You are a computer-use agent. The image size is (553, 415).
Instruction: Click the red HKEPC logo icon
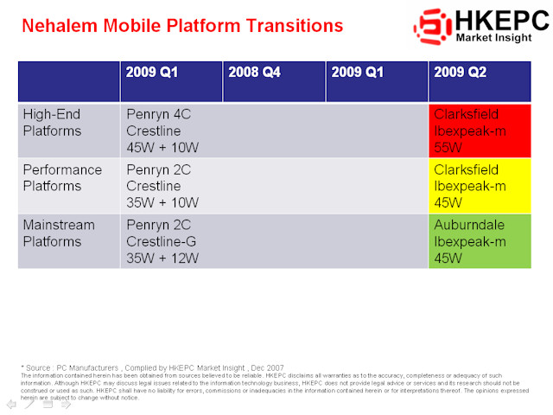(432, 26)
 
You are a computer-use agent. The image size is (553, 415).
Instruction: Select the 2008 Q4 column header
(254, 73)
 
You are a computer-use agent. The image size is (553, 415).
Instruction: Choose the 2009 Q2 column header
(460, 73)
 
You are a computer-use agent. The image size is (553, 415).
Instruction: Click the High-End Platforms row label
(52, 123)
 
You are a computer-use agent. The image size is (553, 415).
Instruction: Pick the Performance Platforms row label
(62, 178)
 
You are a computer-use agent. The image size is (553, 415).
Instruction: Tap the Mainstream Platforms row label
(59, 233)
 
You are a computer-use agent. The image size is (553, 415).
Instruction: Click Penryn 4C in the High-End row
(159, 114)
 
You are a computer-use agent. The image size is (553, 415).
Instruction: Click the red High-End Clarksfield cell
(480, 130)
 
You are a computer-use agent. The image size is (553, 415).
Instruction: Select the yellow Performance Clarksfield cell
(480, 185)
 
